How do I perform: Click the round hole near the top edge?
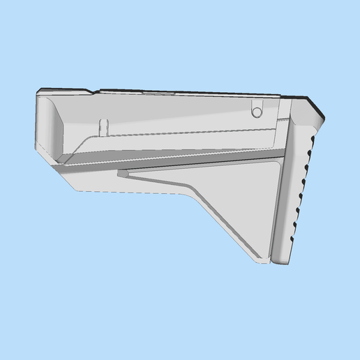point(257,112)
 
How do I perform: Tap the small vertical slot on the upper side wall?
point(104,126)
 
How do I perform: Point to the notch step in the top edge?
point(94,91)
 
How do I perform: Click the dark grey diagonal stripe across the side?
point(174,160)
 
